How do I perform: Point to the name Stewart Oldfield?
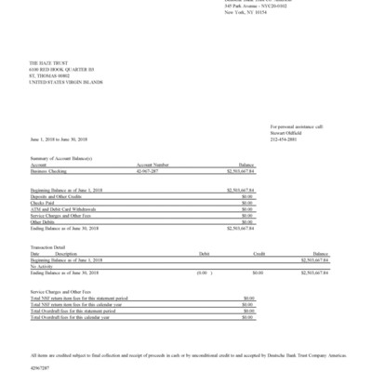pyautogui.click(x=287, y=132)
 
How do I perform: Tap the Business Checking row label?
pyautogui.click(x=51, y=171)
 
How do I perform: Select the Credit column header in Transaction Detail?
pyautogui.click(x=260, y=253)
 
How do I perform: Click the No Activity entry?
pyautogui.click(x=43, y=267)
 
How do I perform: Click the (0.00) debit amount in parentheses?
pyautogui.click(x=201, y=273)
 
